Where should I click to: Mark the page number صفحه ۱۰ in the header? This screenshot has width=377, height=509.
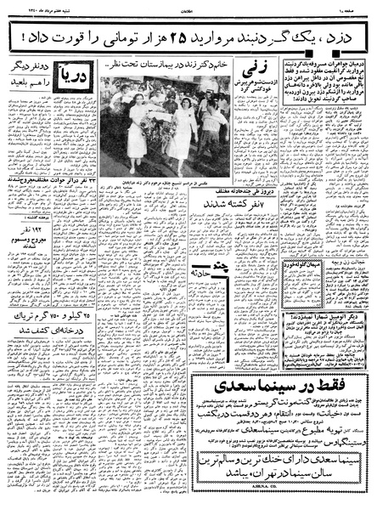point(351,7)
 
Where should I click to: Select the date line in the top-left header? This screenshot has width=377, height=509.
point(38,7)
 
